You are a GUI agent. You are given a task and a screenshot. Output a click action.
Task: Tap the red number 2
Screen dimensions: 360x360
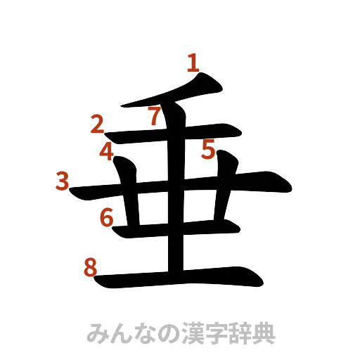[98, 125]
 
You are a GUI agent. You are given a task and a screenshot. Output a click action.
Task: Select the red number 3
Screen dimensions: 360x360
[63, 181]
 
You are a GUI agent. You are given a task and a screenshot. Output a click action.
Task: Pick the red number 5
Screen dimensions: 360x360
[208, 149]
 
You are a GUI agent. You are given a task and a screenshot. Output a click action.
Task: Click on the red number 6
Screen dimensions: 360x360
[106, 218]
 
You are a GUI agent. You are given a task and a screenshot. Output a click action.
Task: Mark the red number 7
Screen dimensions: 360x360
[155, 116]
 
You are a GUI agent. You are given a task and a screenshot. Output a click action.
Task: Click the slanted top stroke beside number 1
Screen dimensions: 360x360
[176, 95]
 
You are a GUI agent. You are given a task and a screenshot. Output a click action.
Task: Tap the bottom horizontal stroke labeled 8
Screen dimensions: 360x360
[183, 279]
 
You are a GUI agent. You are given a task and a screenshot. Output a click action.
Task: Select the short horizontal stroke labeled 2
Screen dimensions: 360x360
[176, 133]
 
